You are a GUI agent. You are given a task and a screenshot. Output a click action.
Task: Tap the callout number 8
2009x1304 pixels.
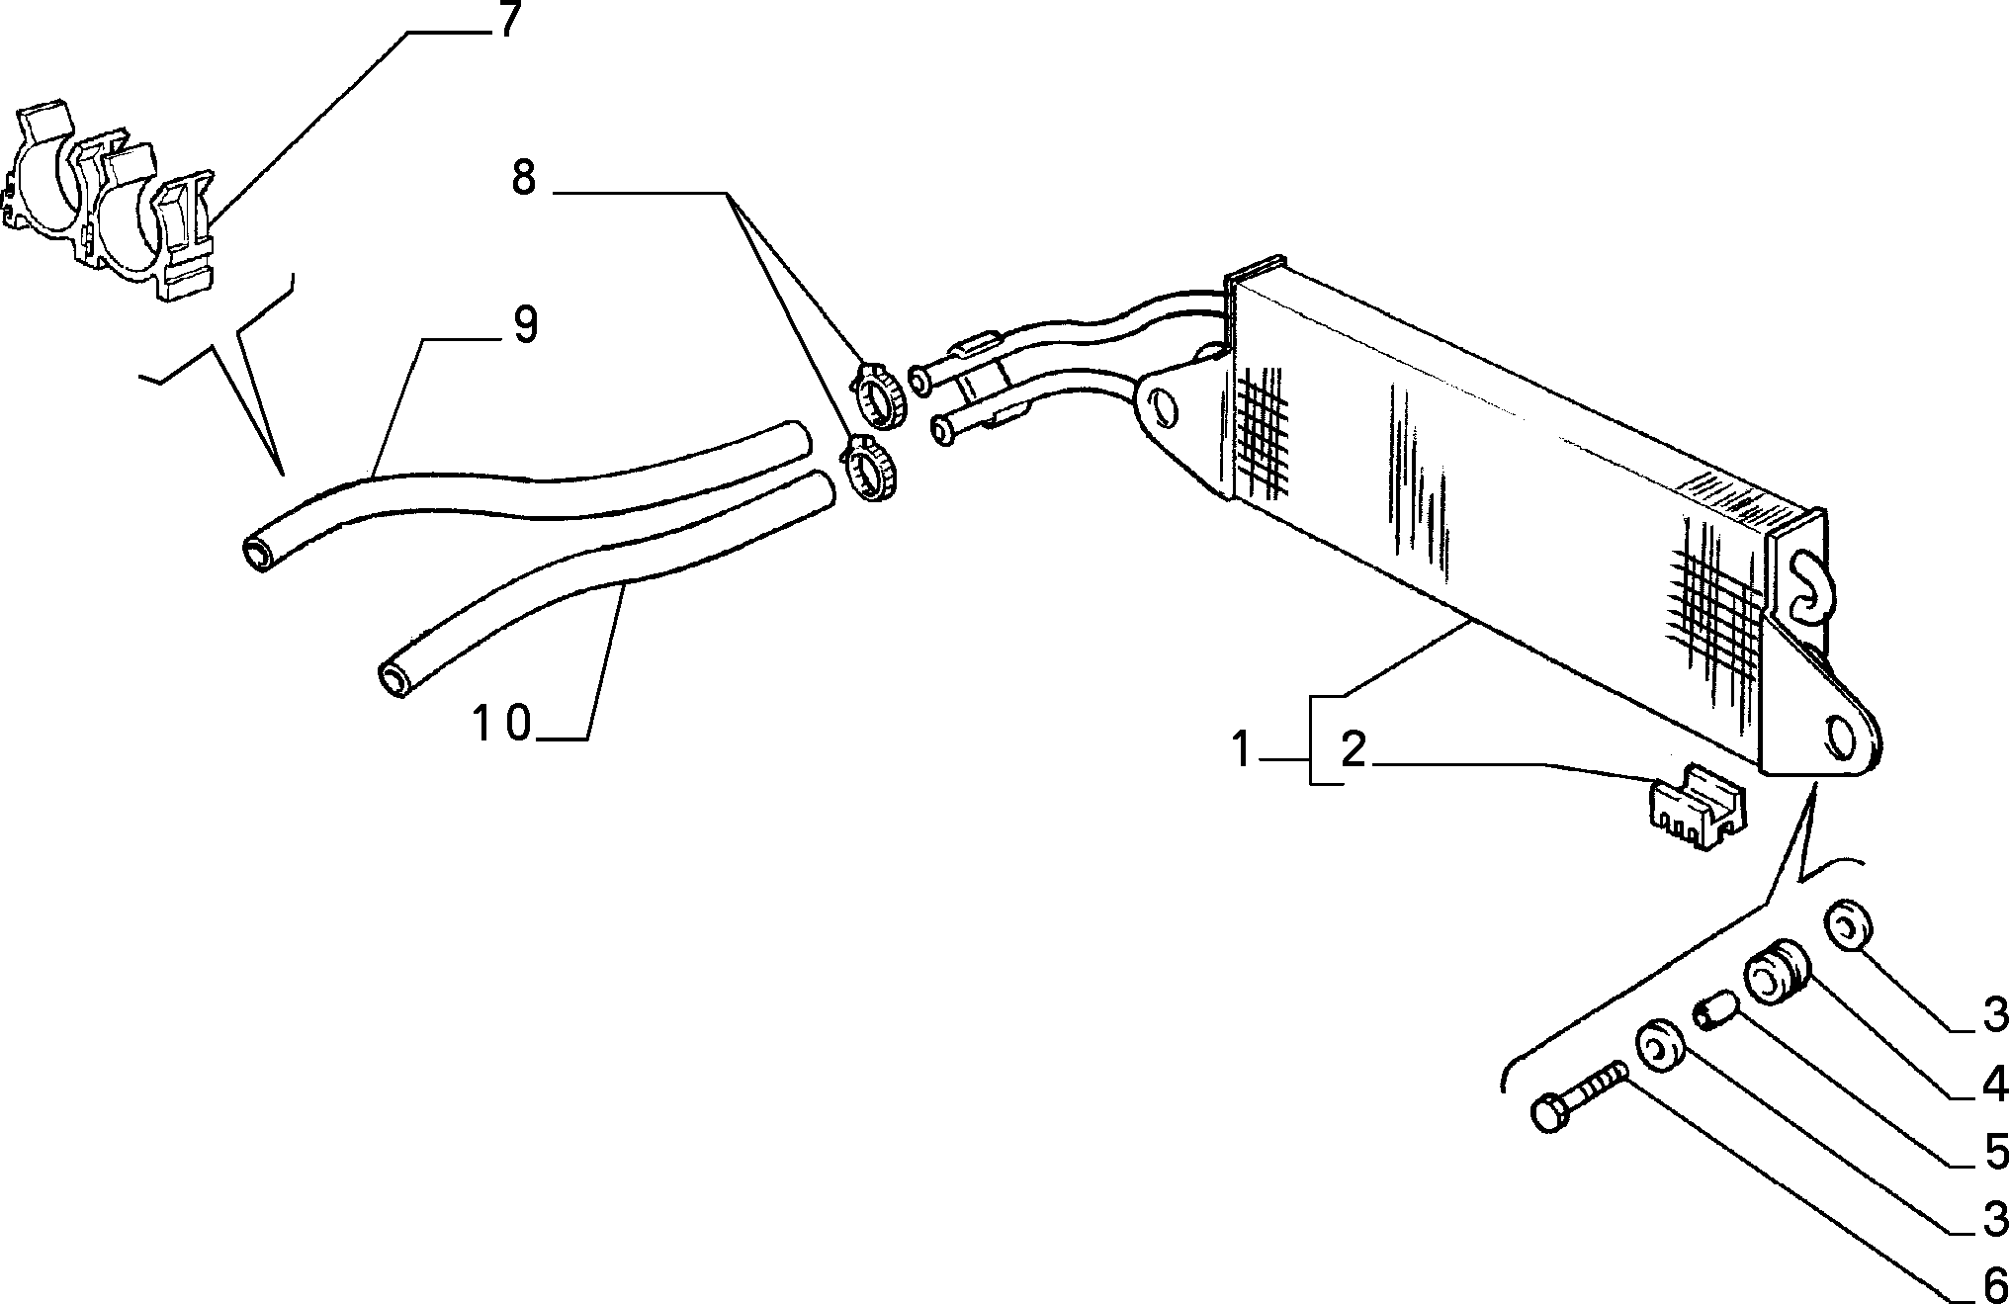524,179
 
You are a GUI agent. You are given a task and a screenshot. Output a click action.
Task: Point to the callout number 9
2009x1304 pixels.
525,325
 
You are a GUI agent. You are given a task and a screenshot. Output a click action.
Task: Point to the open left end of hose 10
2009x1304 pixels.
398,681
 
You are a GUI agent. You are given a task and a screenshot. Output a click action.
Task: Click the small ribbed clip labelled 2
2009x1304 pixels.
1696,806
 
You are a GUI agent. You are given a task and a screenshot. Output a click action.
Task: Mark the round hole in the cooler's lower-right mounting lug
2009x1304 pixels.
1840,736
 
